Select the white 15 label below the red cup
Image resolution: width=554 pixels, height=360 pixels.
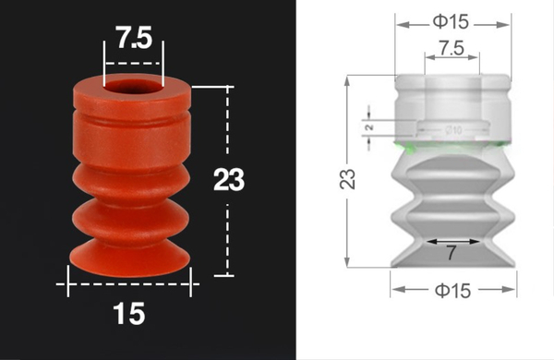point(130,315)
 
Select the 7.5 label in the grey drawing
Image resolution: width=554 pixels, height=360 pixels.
point(452,46)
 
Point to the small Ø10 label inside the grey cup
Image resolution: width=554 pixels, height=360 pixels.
point(454,129)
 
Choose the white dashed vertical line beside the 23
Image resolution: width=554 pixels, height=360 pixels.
point(227,231)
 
